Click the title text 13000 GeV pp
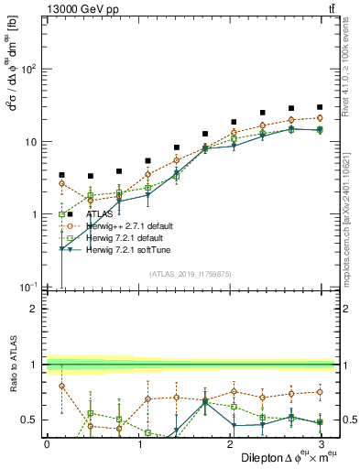[x=81, y=8]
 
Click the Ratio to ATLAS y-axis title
[x=12, y=366]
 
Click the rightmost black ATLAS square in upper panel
[x=320, y=107]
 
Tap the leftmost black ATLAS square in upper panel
[x=61, y=174]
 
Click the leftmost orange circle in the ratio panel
[x=61, y=386]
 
